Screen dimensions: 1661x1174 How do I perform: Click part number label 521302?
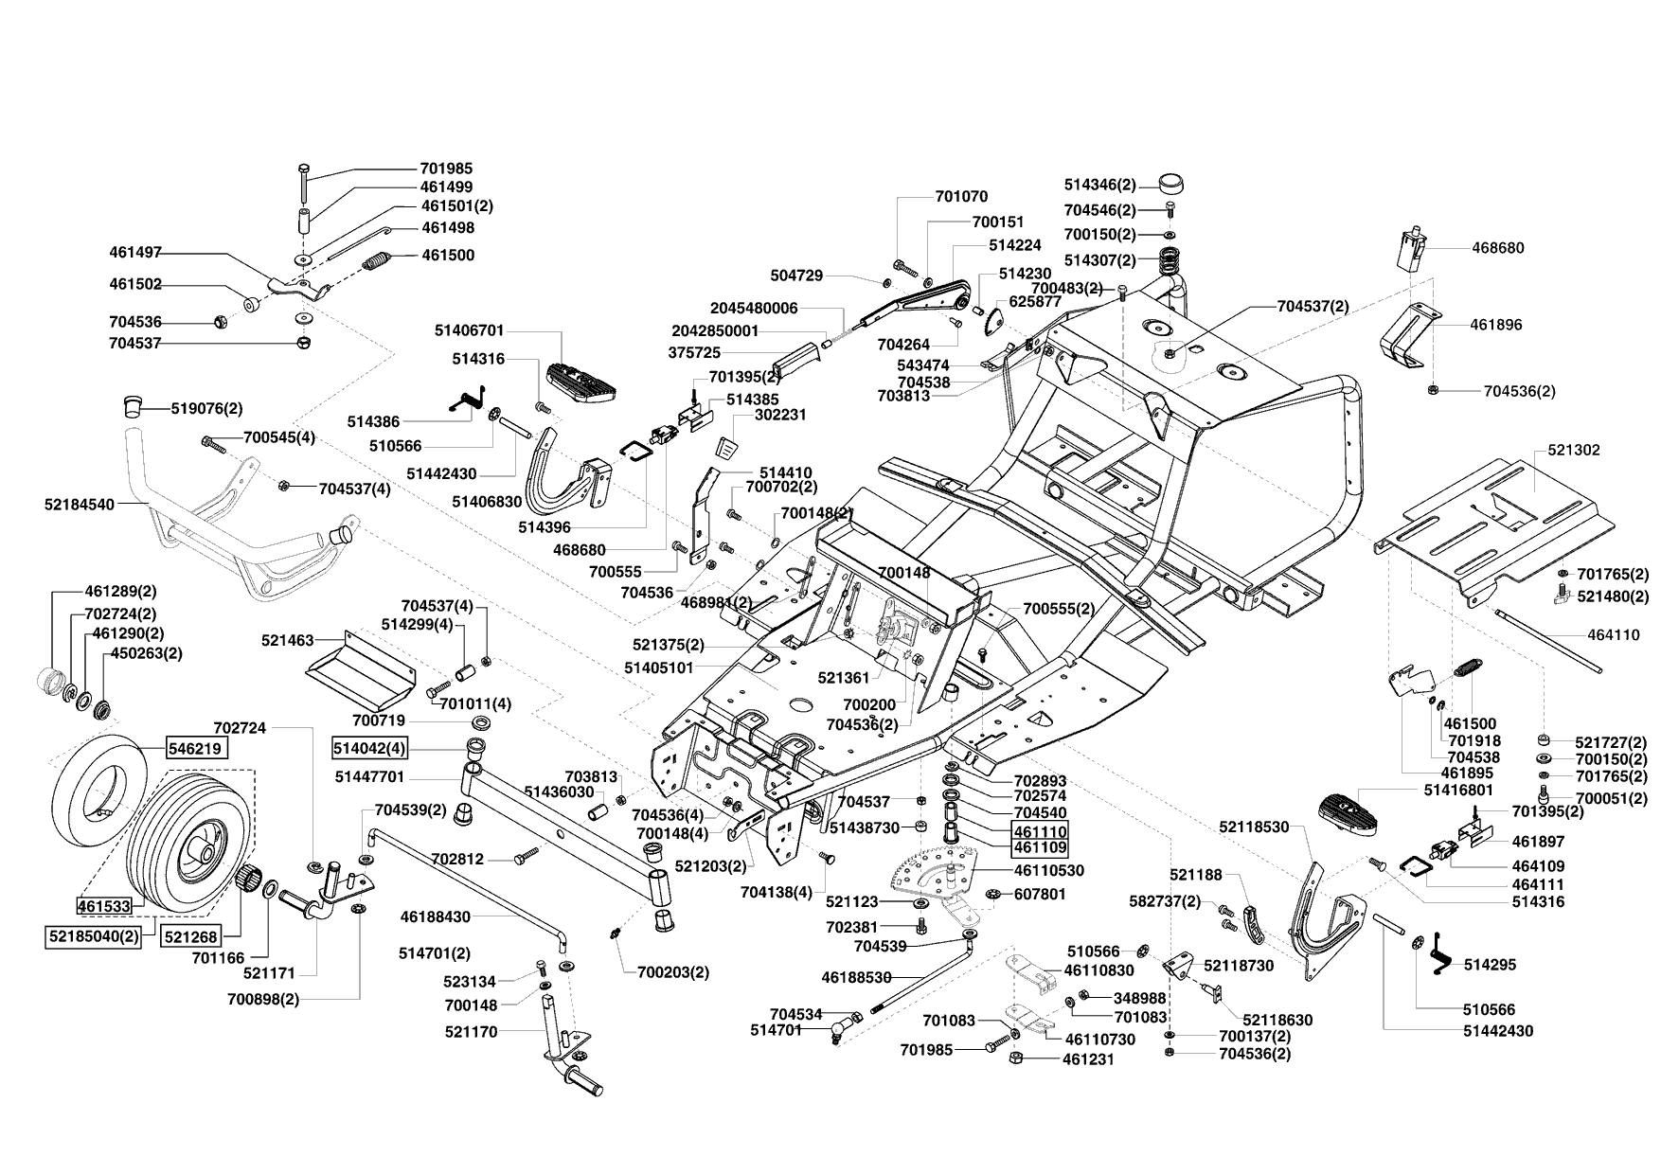pyautogui.click(x=1574, y=450)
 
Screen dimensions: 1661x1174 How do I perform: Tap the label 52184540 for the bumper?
pyautogui.click(x=79, y=505)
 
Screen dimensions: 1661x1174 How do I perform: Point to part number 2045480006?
pyautogui.click(x=754, y=308)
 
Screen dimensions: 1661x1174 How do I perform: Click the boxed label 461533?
pyautogui.click(x=103, y=906)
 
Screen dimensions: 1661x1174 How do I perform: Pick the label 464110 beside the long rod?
pyautogui.click(x=1614, y=635)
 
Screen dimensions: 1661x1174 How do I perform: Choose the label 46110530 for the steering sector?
pyautogui.click(x=1049, y=870)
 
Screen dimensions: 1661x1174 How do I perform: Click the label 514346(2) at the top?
pyautogui.click(x=1099, y=185)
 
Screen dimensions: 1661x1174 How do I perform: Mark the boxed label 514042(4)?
pyautogui.click(x=369, y=748)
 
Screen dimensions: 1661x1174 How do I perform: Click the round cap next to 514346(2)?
pyautogui.click(x=1171, y=183)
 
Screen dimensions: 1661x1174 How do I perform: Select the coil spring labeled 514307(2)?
pyautogui.click(x=1172, y=258)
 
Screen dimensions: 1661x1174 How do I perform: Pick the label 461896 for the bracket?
pyautogui.click(x=1496, y=324)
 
